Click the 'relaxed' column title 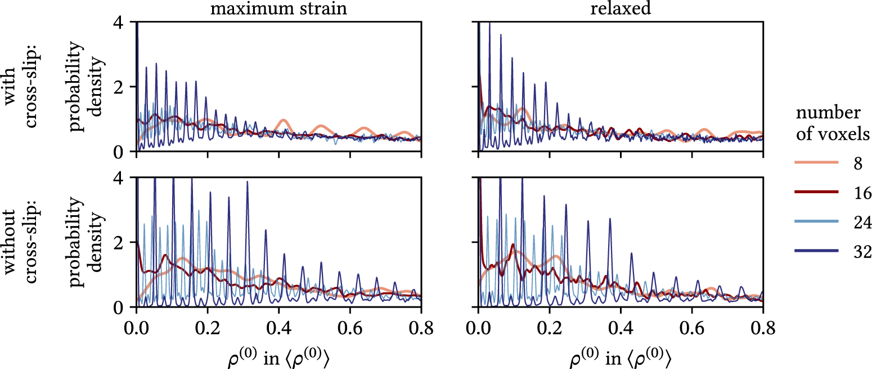click(620, 9)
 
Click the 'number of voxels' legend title click(833, 123)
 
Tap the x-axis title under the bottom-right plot click(620, 357)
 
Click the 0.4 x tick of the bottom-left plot click(278, 326)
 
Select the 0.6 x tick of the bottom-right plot click(691, 326)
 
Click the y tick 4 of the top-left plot click(125, 22)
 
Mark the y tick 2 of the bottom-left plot click(125, 242)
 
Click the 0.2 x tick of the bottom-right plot click(549, 326)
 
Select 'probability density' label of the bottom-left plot click(87, 242)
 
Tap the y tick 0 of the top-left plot click(125, 152)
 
